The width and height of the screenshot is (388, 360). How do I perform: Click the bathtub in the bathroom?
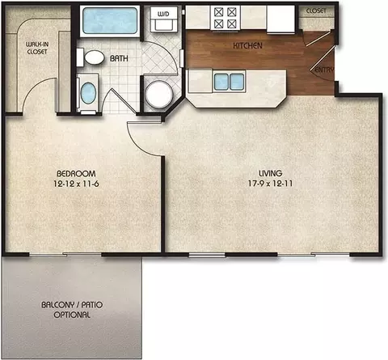[110, 21]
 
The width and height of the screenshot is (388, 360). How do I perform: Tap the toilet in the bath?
[91, 57]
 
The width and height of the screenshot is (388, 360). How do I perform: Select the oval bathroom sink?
[88, 93]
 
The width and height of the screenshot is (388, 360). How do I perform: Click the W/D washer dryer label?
[163, 14]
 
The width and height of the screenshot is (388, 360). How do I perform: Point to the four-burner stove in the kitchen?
[226, 18]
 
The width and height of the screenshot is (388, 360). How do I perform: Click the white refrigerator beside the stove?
[280, 19]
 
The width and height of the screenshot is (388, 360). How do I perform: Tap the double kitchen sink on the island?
[230, 82]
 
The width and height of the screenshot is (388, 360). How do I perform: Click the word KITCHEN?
[247, 45]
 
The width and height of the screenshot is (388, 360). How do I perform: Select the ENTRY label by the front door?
[324, 70]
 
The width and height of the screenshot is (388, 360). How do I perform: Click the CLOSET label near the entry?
[316, 11]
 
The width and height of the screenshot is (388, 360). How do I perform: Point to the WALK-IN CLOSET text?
[37, 48]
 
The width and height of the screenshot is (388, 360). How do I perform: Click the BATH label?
[119, 58]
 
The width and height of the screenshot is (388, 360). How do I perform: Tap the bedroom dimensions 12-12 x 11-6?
[76, 184]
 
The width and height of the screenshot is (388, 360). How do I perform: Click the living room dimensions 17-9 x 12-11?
[270, 184]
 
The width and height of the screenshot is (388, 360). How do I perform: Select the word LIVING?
[271, 173]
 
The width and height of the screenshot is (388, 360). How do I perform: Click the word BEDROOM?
[76, 173]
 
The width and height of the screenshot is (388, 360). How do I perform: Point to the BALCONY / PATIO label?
[72, 305]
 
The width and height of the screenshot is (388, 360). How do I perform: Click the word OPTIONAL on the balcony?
[72, 315]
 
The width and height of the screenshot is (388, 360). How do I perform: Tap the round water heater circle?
[159, 94]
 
